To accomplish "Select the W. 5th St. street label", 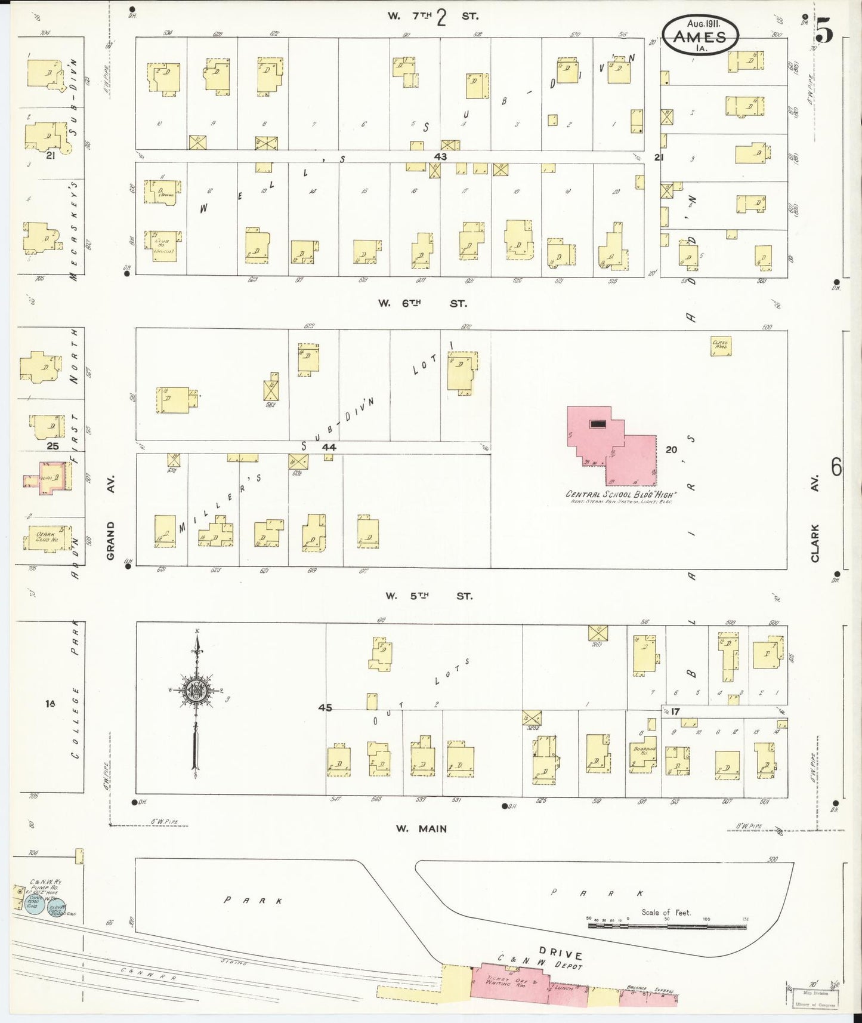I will pyautogui.click(x=428, y=596).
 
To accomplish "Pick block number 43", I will pyautogui.click(x=440, y=156).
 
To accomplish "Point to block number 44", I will pyautogui.click(x=329, y=446).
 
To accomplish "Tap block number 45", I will pyautogui.click(x=325, y=708).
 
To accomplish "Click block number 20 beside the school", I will pyautogui.click(x=671, y=449).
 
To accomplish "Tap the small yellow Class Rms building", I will pyautogui.click(x=721, y=347).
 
